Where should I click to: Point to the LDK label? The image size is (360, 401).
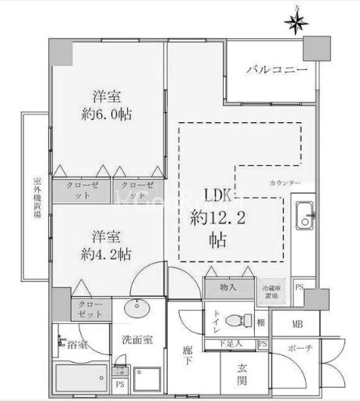pos(219,195)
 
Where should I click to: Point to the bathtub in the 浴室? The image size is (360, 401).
pos(82,380)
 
